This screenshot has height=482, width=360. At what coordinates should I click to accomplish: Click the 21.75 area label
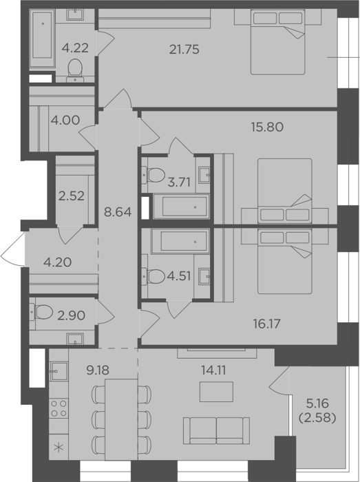click(184, 49)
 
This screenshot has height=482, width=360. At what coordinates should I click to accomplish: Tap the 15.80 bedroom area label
click(267, 127)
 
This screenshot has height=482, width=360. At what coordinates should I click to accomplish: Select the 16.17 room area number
click(266, 324)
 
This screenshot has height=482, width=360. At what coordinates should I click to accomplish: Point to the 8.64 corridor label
click(118, 212)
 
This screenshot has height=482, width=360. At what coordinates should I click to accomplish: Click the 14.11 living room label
click(213, 370)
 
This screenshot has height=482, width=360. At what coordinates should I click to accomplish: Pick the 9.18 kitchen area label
click(98, 370)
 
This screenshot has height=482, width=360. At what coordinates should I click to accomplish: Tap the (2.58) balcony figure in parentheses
click(317, 418)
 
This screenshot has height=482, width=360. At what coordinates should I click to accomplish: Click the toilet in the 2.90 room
click(41, 312)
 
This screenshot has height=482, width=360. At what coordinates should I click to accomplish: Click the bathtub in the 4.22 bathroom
click(43, 38)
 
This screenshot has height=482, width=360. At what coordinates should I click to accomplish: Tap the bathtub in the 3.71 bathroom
click(182, 207)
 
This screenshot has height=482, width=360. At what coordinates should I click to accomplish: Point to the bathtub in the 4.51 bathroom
click(180, 242)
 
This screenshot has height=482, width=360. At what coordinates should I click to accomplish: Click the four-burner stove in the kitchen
click(59, 408)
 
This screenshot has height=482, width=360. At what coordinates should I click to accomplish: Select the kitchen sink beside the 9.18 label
click(59, 371)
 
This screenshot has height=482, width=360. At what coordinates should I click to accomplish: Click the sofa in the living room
click(217, 430)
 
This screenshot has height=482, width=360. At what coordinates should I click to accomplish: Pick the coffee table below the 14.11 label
click(216, 392)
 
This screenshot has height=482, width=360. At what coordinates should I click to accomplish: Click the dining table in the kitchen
click(121, 419)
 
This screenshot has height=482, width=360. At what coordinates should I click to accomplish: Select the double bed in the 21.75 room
click(278, 42)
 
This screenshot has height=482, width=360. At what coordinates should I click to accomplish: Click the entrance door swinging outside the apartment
click(12, 249)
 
